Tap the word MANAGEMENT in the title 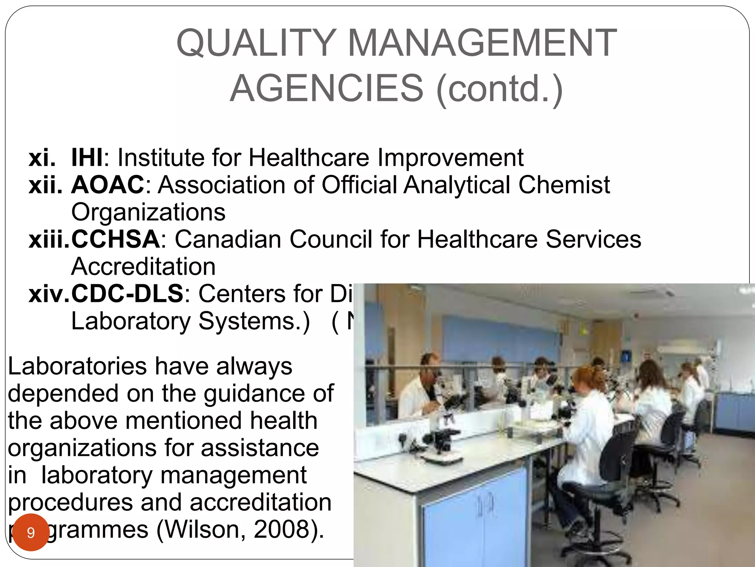[482, 43]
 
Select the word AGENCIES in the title [327, 89]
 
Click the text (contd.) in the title [500, 89]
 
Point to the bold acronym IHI [87, 158]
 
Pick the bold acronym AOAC [108, 185]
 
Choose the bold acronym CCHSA [115, 239]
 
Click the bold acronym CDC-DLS [127, 294]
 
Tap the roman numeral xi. [42, 158]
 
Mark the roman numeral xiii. [49, 239]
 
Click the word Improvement [450, 158]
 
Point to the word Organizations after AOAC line [148, 212]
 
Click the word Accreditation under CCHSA [143, 267]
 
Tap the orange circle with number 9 [31, 532]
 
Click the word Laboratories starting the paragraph [77, 366]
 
